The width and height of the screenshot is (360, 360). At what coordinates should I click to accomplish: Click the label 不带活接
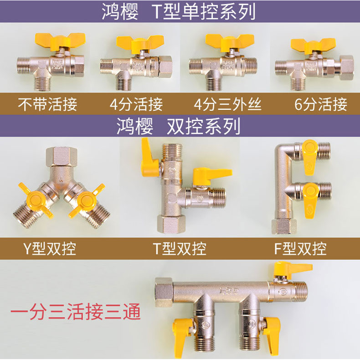pyautogui.click(x=47, y=104)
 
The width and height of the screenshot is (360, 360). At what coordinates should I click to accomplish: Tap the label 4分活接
pyautogui.click(x=136, y=104)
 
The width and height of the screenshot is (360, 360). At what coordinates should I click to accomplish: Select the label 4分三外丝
pyautogui.click(x=227, y=104)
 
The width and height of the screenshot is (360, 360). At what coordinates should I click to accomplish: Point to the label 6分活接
pyautogui.click(x=321, y=104)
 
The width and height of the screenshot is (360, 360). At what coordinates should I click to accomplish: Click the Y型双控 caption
pyautogui.click(x=50, y=248)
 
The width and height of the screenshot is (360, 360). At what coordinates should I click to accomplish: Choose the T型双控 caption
pyautogui.click(x=180, y=248)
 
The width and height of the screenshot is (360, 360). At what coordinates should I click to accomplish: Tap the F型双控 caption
pyautogui.click(x=300, y=248)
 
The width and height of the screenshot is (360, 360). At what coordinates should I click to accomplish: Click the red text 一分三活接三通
pyautogui.click(x=76, y=312)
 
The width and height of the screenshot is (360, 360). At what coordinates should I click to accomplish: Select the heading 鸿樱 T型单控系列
pyautogui.click(x=179, y=11)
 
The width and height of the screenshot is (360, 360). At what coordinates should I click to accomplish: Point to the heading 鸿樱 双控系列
pyautogui.click(x=179, y=126)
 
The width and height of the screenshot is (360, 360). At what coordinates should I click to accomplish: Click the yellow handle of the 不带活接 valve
pyautogui.click(x=60, y=41)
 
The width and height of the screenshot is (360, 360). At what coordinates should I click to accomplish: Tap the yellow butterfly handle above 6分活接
pyautogui.click(x=313, y=46)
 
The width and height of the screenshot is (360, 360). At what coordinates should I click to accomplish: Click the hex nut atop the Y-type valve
pyautogui.click(x=62, y=157)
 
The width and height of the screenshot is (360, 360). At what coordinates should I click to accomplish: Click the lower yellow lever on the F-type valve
pyautogui.click(x=311, y=201)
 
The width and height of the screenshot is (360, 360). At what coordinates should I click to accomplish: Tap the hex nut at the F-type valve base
pyautogui.click(x=283, y=226)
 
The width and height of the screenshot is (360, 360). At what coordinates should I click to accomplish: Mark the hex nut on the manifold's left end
pyautogui.click(x=164, y=292)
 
